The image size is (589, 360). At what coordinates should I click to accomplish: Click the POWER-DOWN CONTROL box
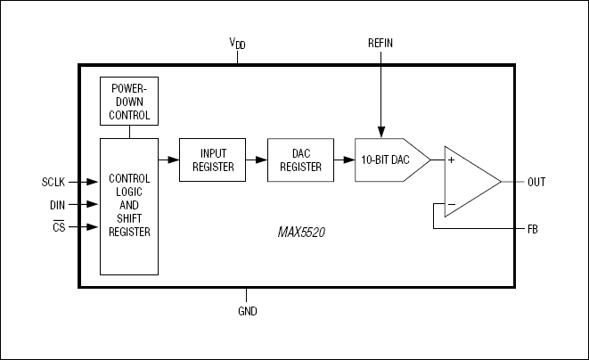pos(130,102)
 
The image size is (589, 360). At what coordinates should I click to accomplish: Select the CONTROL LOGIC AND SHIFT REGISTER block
pos(130,206)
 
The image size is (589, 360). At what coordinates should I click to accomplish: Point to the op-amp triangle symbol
pos(469,182)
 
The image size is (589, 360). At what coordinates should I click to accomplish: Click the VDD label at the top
pos(238,44)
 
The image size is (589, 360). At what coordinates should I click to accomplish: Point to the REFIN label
pos(380,44)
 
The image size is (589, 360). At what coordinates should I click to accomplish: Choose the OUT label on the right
pos(536,182)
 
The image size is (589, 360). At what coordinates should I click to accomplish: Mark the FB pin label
pos(533,228)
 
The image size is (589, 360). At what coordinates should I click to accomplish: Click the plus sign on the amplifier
pos(452,160)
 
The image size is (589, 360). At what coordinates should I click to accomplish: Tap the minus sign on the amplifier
pos(452,204)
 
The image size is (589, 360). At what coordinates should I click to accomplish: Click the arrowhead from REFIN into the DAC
pos(380,132)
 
